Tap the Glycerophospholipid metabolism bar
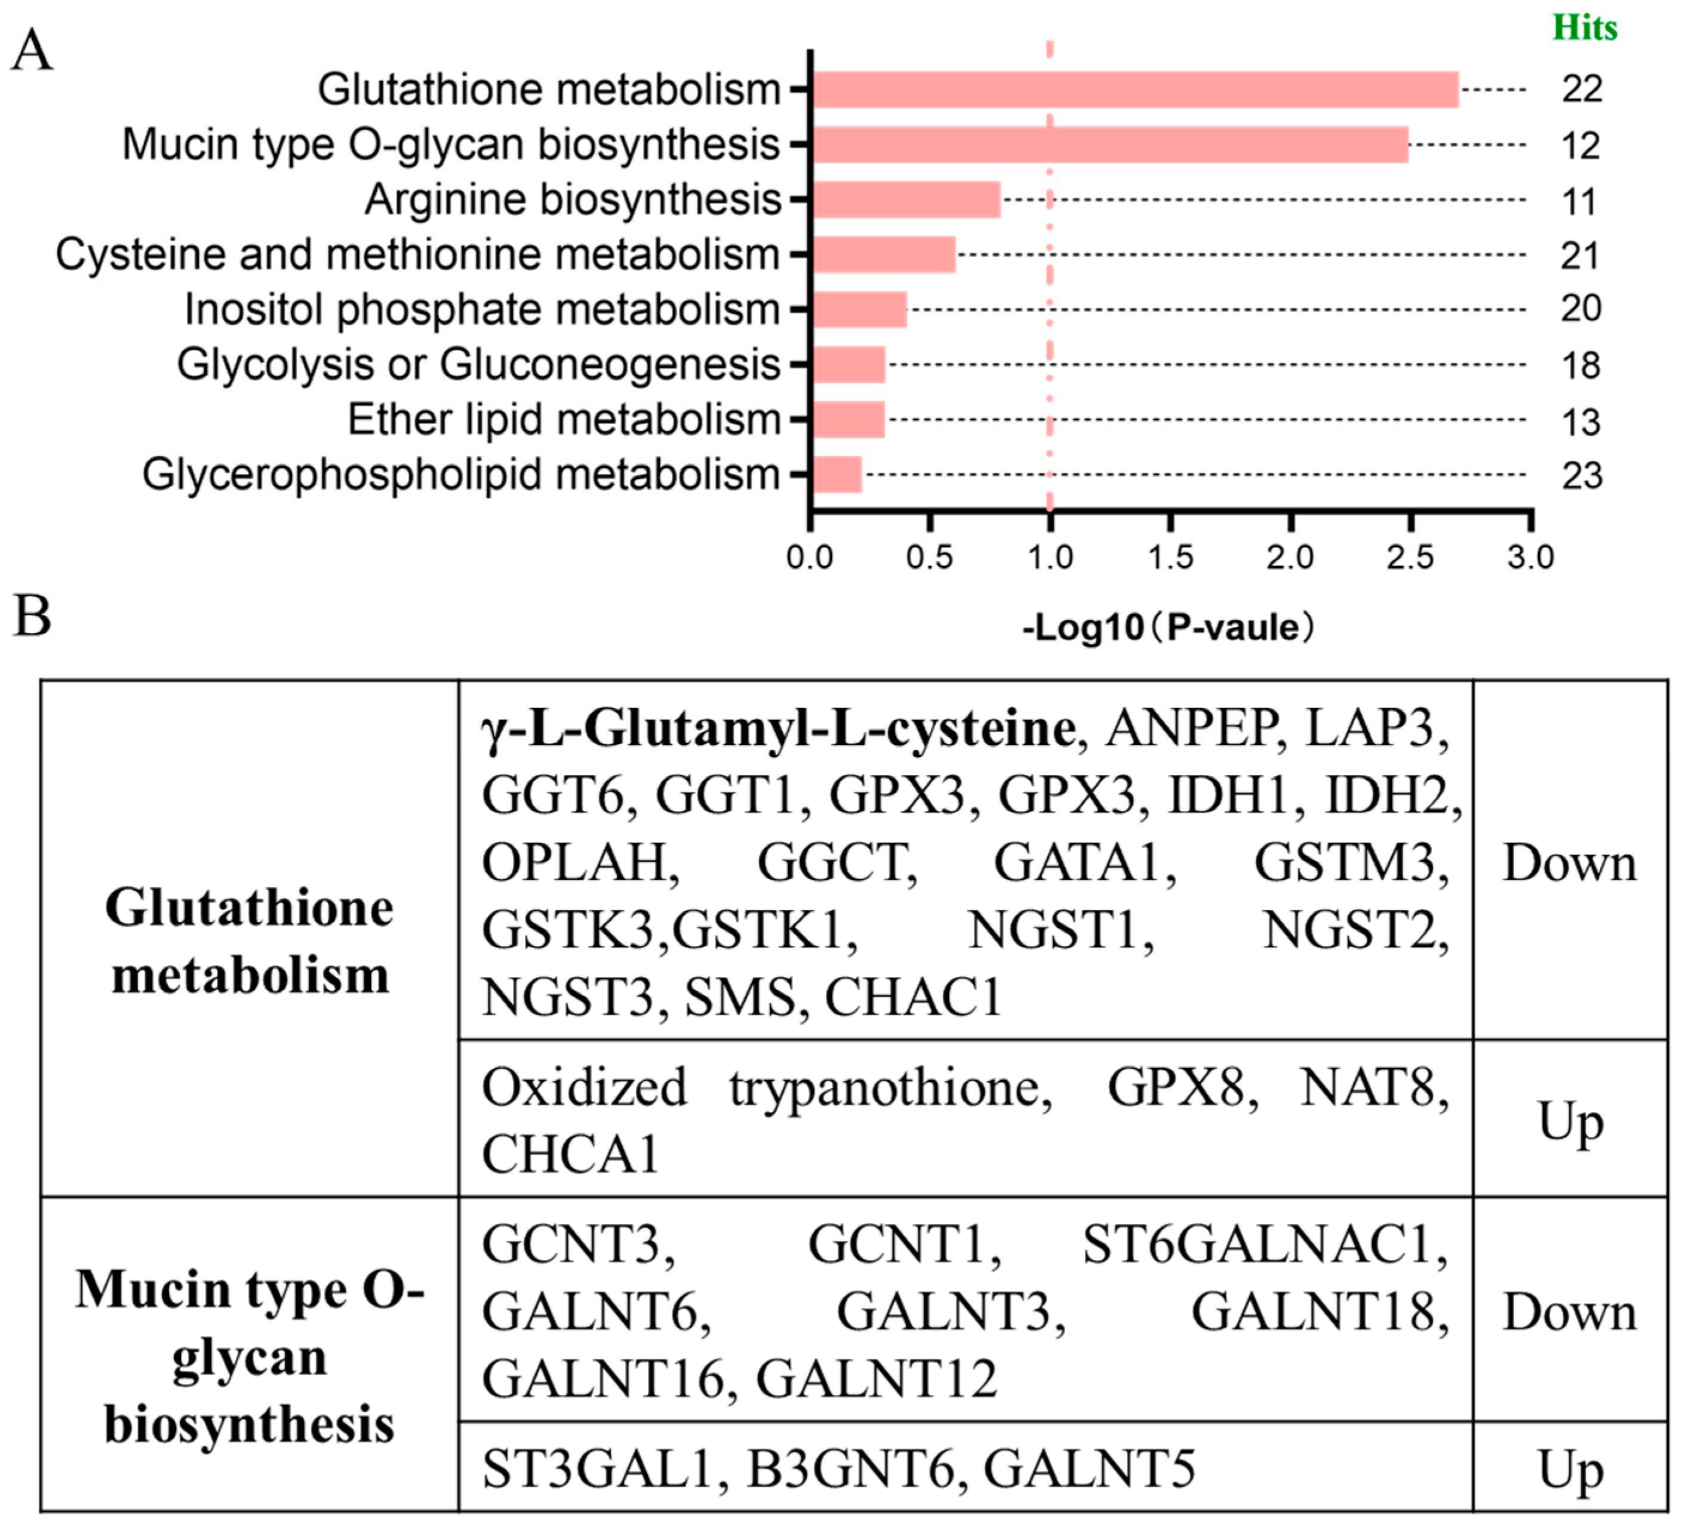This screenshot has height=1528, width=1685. point(837,475)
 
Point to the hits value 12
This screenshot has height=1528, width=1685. point(1580,146)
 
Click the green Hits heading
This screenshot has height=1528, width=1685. point(1585,29)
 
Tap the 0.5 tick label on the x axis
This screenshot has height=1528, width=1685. point(930,557)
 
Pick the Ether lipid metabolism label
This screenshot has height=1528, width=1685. point(564,420)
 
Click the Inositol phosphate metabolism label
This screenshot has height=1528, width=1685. point(482,309)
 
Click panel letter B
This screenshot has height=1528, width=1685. point(32,616)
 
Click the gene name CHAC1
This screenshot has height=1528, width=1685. point(914,997)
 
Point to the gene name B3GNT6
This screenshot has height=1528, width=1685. point(850,1469)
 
